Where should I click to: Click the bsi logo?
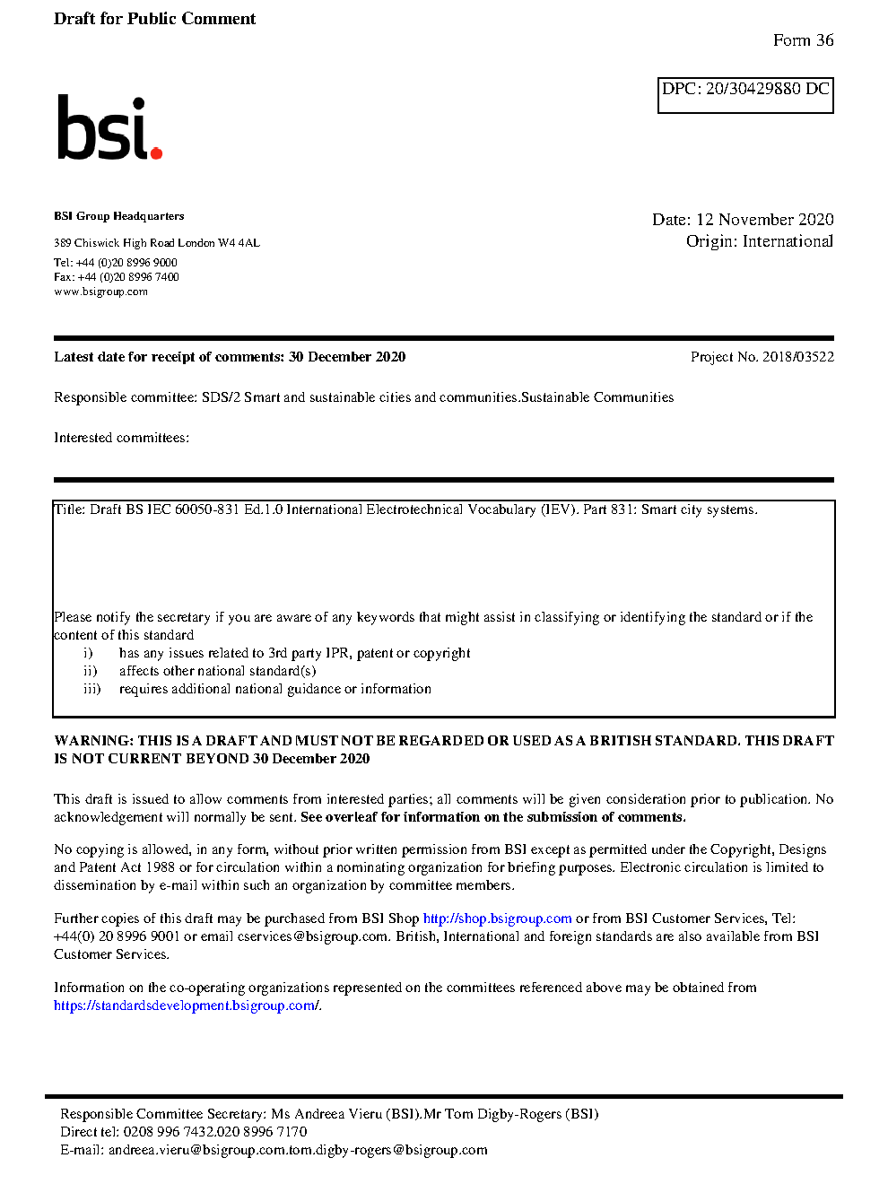(x=109, y=128)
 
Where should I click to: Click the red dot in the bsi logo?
(x=156, y=153)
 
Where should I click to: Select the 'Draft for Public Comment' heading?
(x=154, y=19)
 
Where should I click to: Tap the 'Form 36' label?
(x=803, y=40)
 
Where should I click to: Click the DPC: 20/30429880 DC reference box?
(x=745, y=94)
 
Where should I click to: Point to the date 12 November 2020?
(x=764, y=220)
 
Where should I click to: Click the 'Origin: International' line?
(x=759, y=241)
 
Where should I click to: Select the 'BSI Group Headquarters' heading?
(x=118, y=216)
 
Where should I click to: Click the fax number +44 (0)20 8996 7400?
(x=128, y=277)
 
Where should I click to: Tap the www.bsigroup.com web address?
(x=100, y=292)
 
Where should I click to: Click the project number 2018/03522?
(x=797, y=357)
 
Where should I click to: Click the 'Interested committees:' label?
(x=121, y=438)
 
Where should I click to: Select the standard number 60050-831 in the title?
(x=206, y=509)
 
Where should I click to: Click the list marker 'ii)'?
(x=90, y=671)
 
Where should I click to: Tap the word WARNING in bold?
(x=93, y=741)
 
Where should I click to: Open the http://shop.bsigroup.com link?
(x=497, y=918)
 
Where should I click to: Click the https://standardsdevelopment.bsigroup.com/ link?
(x=186, y=1006)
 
